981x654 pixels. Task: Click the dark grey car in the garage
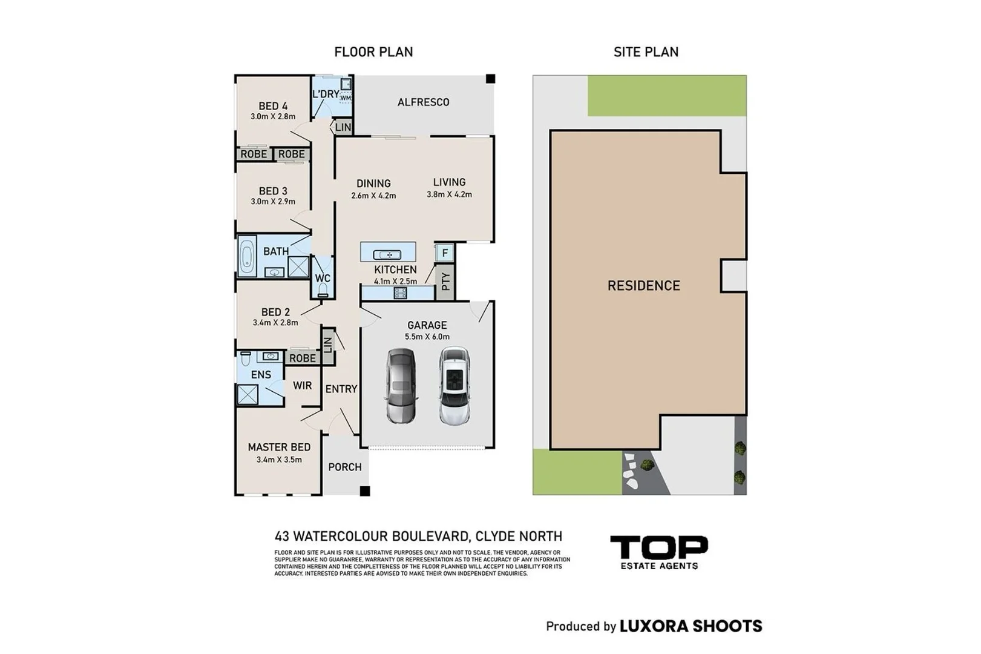tap(401, 386)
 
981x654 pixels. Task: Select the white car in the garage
tap(454, 386)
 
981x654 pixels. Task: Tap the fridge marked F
tap(445, 253)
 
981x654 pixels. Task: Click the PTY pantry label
tap(445, 282)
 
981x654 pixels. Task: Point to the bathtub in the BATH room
tap(247, 256)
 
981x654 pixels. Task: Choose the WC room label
tap(323, 278)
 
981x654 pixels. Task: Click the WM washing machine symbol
tap(346, 97)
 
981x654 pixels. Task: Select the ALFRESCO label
tap(423, 102)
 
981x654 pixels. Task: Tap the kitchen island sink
tap(387, 255)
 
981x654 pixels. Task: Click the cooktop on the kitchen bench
tap(400, 293)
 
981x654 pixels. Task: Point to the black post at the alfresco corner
tap(490, 79)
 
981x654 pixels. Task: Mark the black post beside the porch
tap(365, 491)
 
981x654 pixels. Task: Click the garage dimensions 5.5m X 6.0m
tap(427, 337)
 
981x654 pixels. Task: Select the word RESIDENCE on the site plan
tap(644, 286)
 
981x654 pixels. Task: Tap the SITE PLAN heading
tap(646, 51)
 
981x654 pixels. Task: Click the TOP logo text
tap(658, 547)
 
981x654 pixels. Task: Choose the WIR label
tap(302, 386)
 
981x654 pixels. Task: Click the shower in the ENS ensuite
tap(248, 394)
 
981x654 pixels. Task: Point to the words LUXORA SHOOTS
tap(691, 626)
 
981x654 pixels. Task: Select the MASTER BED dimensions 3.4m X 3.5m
tap(279, 460)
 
